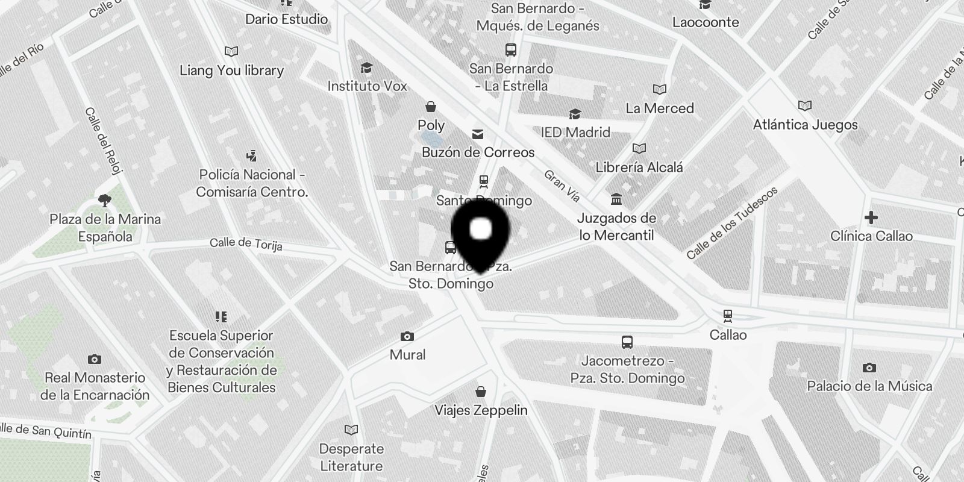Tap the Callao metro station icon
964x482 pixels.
pyautogui.click(x=728, y=315)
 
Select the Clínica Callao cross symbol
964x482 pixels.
pyautogui.click(x=871, y=217)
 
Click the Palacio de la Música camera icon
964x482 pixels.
pyautogui.click(x=869, y=368)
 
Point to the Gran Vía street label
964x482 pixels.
pyautogui.click(x=562, y=185)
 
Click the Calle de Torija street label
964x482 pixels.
pyautogui.click(x=246, y=243)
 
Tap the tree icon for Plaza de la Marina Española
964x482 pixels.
pyautogui.click(x=104, y=201)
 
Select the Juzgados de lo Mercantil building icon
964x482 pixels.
pyautogui.click(x=616, y=199)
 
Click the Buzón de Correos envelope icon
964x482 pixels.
pyautogui.click(x=478, y=134)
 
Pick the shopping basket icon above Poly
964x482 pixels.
pyautogui.click(x=431, y=107)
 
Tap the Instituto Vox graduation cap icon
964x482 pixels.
pyautogui.click(x=366, y=67)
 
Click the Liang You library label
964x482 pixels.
pyautogui.click(x=231, y=70)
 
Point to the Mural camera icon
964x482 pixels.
pyautogui.click(x=407, y=336)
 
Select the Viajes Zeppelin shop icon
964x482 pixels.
pyautogui.click(x=481, y=392)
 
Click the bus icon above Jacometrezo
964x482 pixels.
pyautogui.click(x=627, y=342)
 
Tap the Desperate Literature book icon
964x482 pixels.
pyautogui.click(x=351, y=430)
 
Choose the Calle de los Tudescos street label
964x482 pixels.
pyautogui.click(x=732, y=223)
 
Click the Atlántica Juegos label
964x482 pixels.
pyautogui.click(x=805, y=125)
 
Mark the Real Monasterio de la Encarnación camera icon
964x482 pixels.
pyautogui.click(x=95, y=359)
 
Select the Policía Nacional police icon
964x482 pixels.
pyautogui.click(x=251, y=156)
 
